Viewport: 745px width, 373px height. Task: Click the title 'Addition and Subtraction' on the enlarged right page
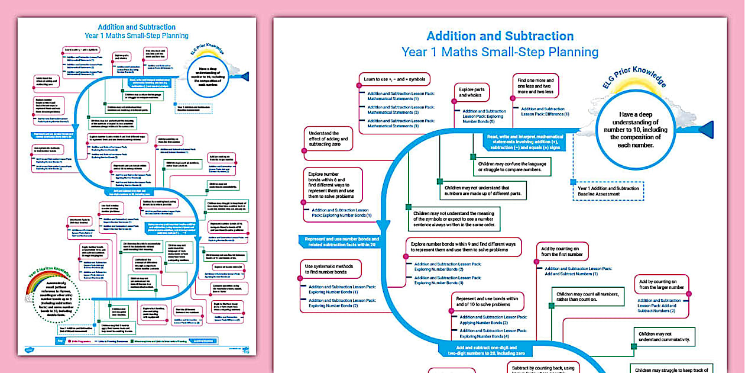tap(500, 36)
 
